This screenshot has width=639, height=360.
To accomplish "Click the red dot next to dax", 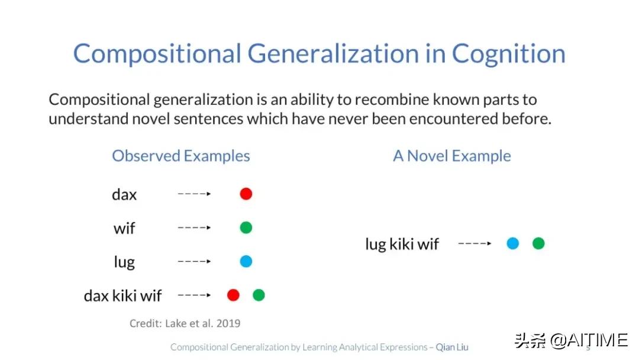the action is click(x=246, y=194).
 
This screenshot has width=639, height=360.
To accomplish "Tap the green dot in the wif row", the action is click(x=246, y=227).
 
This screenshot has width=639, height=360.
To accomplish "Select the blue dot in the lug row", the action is click(x=246, y=261).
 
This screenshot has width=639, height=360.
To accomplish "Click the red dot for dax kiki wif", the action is click(x=233, y=295).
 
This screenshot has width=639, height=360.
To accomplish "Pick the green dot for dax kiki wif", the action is click(x=259, y=295).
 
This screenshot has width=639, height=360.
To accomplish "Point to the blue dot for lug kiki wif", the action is click(x=512, y=243).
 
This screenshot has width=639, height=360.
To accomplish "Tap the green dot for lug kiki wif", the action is click(x=538, y=243).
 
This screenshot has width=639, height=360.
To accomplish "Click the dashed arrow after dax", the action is click(x=195, y=194).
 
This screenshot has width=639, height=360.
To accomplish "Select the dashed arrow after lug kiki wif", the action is click(x=475, y=243).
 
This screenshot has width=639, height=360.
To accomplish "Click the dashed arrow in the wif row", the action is click(x=195, y=227).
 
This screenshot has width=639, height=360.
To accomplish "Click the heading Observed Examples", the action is click(x=181, y=156).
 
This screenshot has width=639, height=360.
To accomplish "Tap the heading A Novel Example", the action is click(x=452, y=156).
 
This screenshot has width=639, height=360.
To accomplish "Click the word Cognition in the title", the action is click(x=509, y=54).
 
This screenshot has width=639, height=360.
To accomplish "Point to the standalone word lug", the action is click(x=124, y=262).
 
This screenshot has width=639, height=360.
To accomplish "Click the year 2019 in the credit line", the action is click(x=228, y=323).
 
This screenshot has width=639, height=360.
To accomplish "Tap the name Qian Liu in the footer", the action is click(x=452, y=347).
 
